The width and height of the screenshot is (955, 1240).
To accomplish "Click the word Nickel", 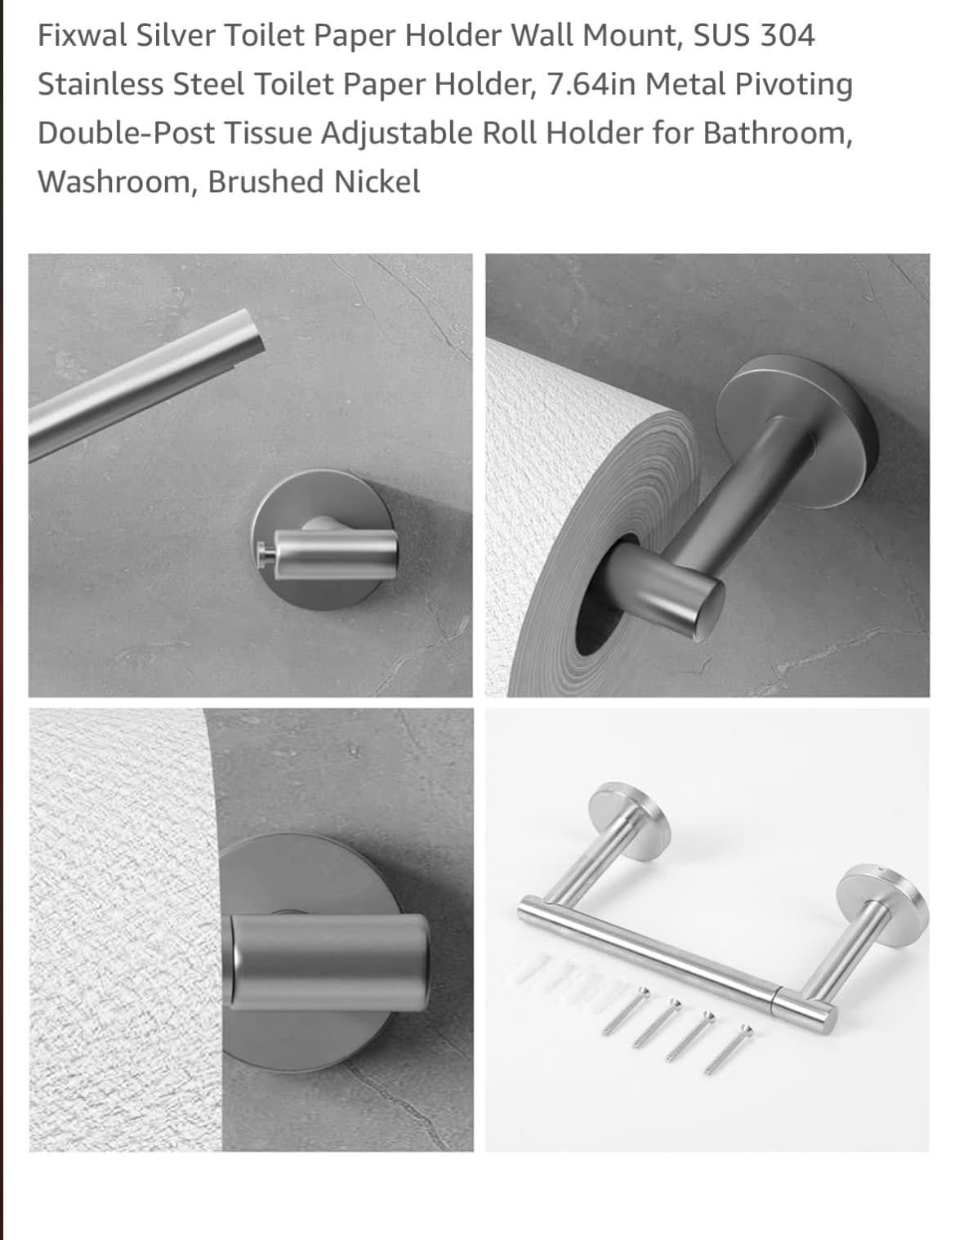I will point(377,181).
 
